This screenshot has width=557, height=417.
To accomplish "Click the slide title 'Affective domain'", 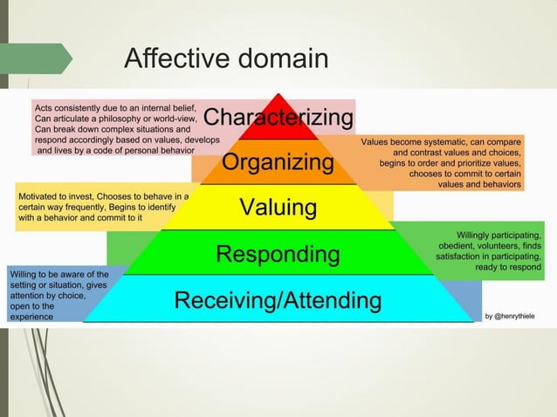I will tap(226, 59).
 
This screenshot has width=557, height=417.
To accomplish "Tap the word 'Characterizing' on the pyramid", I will tap(278, 117).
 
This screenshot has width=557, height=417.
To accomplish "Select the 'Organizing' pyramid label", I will tap(278, 162).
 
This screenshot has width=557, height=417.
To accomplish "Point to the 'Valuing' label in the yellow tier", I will tap(278, 208).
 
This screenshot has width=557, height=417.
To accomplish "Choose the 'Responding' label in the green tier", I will tap(278, 255).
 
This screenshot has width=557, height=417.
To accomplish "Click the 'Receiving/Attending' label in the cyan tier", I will tap(278, 301).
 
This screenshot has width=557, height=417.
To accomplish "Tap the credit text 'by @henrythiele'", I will tap(511, 316).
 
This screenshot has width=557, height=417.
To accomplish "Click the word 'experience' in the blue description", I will tap(31, 317).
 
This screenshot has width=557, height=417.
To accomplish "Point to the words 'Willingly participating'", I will tap(489, 235).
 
